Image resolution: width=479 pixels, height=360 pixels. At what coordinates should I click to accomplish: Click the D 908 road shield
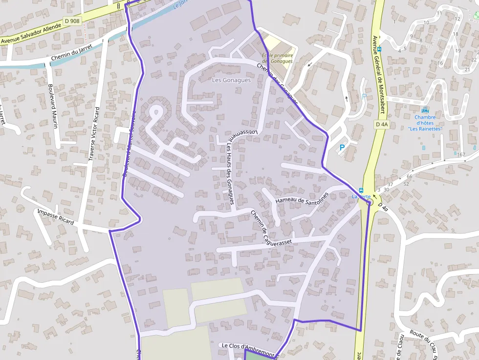pyautogui.click(x=72, y=21)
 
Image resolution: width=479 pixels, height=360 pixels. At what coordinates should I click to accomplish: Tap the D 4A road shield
pyautogui.click(x=382, y=125)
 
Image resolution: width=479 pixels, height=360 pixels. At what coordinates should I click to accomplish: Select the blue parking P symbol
pyautogui.click(x=342, y=147)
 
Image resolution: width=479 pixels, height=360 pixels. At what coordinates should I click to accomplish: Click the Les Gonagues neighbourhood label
pyautogui.click(x=231, y=80)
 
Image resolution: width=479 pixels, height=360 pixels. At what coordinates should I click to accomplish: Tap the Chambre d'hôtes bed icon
pyautogui.click(x=424, y=110)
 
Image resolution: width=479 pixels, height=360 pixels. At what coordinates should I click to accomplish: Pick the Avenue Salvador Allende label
pyautogui.click(x=31, y=35)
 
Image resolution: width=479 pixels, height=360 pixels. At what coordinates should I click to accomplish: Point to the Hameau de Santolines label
pyautogui.click(x=302, y=198)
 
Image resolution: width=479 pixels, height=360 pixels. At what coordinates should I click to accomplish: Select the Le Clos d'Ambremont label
pyautogui.click(x=248, y=346)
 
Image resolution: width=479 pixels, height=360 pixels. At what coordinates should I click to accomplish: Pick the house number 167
pyautogui.click(x=461, y=155)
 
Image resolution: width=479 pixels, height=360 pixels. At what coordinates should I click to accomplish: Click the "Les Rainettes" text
pyautogui.click(x=425, y=129)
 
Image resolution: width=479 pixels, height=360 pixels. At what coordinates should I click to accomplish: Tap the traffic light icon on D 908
pyautogui.click(x=118, y=5)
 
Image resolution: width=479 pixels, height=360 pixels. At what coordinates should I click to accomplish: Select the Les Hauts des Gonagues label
pyautogui.click(x=229, y=174)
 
